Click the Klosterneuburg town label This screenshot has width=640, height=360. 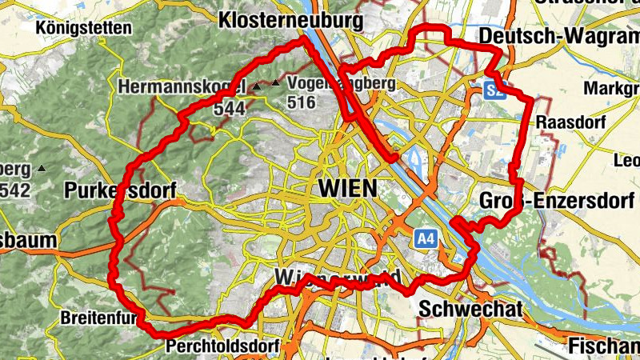pyautogui.click(x=290, y=19)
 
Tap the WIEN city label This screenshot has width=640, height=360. pyautogui.click(x=347, y=189)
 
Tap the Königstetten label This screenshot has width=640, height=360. pyautogui.click(x=84, y=28)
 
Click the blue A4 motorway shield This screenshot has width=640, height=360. pyautogui.click(x=425, y=238)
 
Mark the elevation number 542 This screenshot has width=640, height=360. pyautogui.click(x=16, y=190)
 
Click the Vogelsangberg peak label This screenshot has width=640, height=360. pyautogui.click(x=341, y=83)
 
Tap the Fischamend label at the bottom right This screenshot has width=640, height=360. pyautogui.click(x=604, y=346)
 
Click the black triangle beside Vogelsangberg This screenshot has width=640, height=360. pyautogui.click(x=276, y=83)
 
